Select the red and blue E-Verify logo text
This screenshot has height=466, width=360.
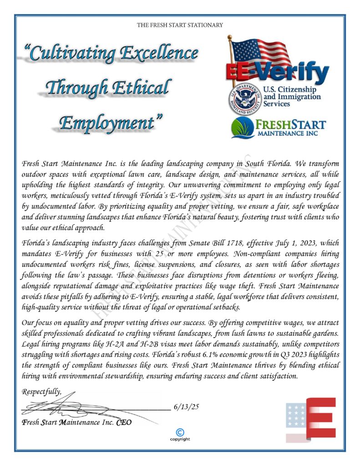pos(278,72)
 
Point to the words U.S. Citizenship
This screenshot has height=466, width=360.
pos(292,90)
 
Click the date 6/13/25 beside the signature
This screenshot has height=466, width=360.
pos(187,406)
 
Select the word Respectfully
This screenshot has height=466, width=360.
pos(41,391)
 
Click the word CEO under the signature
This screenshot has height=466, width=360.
pos(123,422)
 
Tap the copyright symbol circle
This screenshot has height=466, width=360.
pos(180,432)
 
